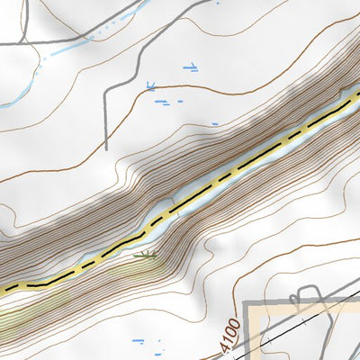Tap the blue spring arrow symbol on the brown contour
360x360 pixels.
151,87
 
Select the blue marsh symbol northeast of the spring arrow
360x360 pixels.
190,67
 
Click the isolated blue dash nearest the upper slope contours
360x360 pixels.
214,123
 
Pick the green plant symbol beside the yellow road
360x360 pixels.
146,256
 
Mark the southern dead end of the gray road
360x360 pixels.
106,148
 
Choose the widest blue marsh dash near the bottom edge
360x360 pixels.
138,341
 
